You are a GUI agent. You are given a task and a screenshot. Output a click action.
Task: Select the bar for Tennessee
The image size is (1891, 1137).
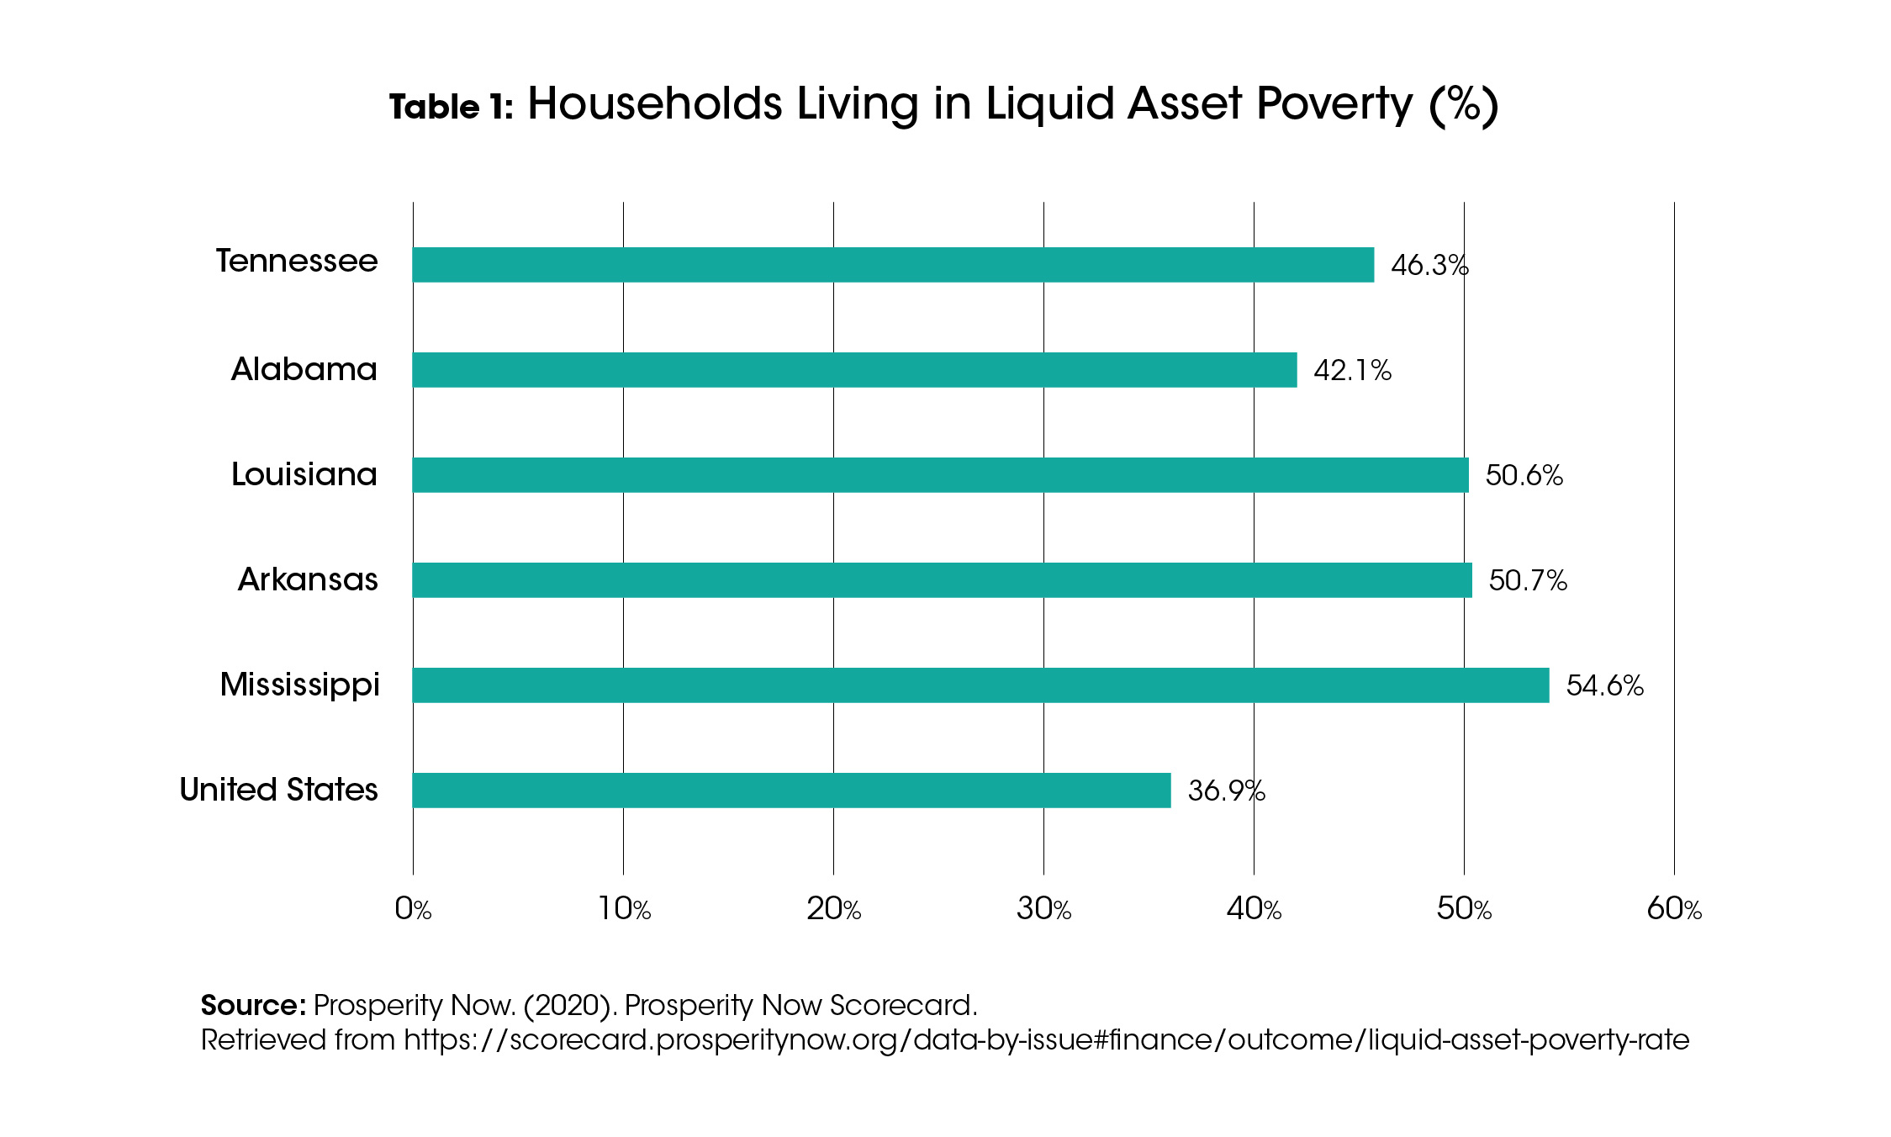893,265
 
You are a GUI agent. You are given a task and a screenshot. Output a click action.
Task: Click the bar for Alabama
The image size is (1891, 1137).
854,370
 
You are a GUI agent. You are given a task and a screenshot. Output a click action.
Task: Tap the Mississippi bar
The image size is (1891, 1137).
980,685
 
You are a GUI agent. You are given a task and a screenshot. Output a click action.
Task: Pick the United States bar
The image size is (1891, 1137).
791,791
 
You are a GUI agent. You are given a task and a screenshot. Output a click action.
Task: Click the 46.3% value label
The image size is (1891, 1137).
1429,266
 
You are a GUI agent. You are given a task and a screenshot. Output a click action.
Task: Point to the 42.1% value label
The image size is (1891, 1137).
1352,371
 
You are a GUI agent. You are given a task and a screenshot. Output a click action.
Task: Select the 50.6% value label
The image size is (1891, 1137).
1524,476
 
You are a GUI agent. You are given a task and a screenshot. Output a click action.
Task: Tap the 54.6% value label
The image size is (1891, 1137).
1604,686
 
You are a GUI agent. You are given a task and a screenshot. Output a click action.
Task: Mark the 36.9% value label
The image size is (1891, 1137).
1226,791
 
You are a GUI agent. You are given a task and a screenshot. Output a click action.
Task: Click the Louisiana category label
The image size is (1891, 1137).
304,475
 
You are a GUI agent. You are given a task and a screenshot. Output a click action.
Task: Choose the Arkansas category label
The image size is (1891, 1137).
308,580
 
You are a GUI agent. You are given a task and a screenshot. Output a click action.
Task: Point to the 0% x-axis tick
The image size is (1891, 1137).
413,909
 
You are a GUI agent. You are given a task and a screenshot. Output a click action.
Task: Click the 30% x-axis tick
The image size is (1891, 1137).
1043,909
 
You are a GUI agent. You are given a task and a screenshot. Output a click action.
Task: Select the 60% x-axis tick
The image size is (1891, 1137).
1674,909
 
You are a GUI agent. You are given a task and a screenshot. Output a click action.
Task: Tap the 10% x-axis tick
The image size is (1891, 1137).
624,909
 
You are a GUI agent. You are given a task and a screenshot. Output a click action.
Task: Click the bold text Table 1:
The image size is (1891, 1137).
452,108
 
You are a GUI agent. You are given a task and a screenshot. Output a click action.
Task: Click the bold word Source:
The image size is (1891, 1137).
253,1006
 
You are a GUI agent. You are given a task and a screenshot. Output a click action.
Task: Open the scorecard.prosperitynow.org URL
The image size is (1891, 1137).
1046,1041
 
